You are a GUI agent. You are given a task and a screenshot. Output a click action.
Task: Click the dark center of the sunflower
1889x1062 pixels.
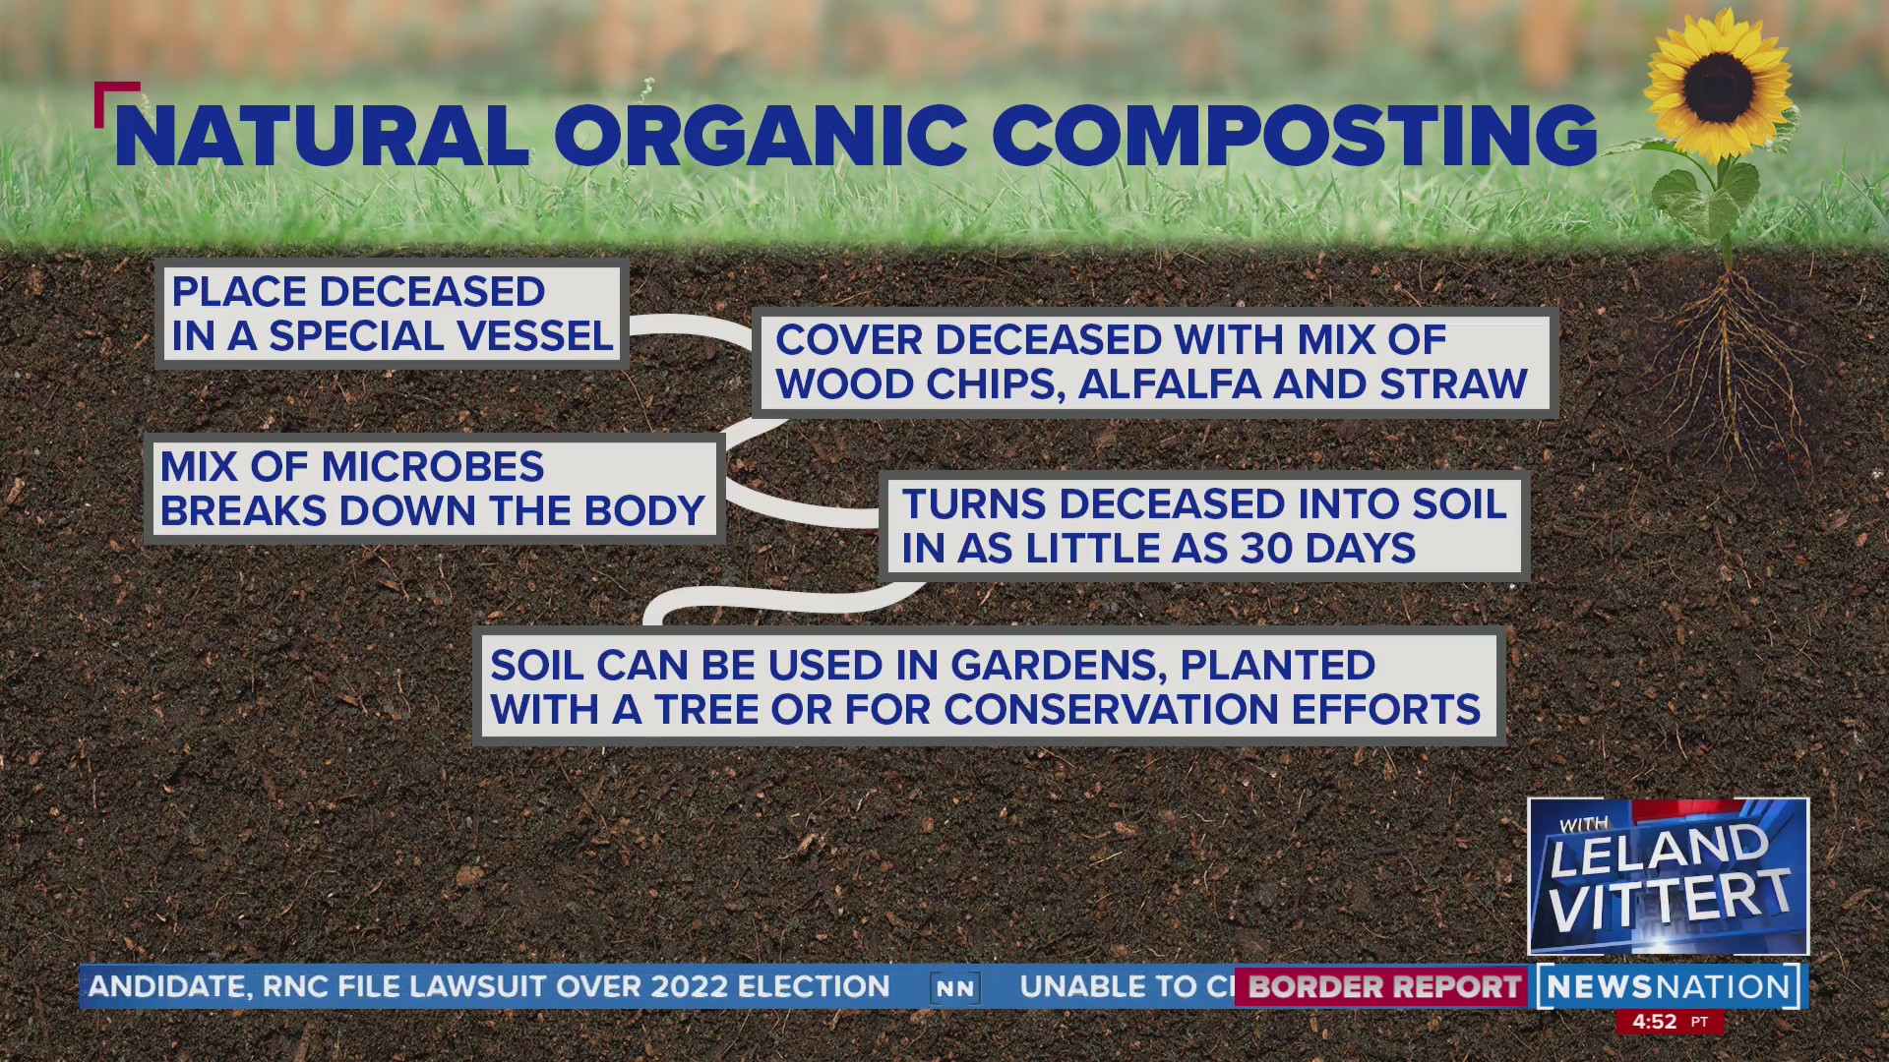click(1718, 87)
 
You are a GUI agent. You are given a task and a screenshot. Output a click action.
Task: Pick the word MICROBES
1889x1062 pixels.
click(433, 467)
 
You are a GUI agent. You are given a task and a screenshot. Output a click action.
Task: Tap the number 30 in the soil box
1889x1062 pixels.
click(1265, 549)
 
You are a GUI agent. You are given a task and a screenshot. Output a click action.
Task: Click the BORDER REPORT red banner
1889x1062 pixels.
click(1383, 986)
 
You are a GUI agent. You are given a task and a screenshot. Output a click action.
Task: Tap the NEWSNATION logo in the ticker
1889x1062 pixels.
click(1668, 986)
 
